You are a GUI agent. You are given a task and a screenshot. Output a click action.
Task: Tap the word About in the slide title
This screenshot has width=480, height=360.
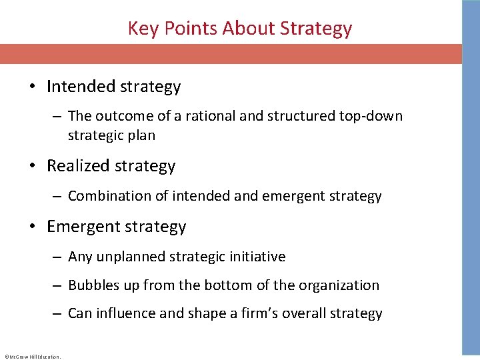(x=249, y=29)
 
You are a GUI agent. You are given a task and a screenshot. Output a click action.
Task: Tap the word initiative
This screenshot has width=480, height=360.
(x=258, y=257)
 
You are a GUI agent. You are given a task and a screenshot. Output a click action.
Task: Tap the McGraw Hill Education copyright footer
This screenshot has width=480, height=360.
(x=33, y=356)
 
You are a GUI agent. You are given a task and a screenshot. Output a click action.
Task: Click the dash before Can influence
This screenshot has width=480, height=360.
(x=57, y=314)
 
